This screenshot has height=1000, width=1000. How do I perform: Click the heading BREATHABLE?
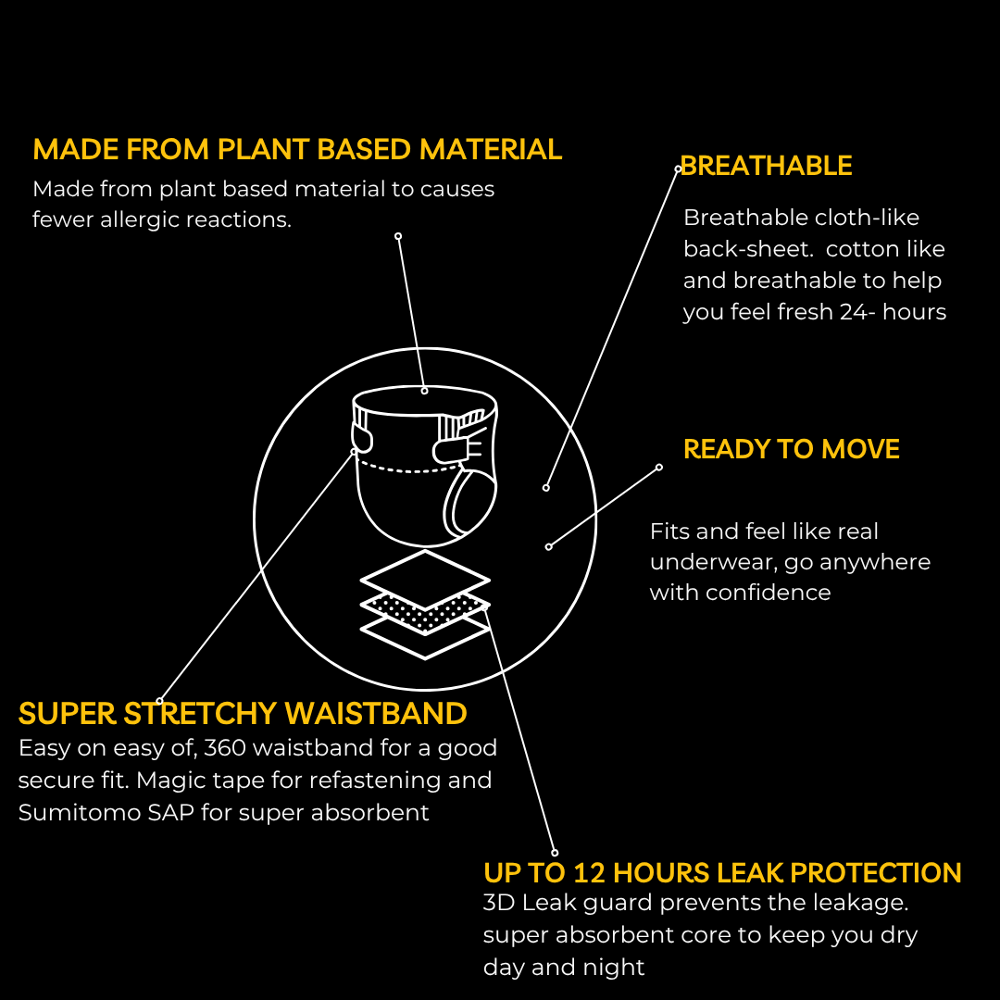[766, 166]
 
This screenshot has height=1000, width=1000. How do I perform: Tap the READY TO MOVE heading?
[792, 450]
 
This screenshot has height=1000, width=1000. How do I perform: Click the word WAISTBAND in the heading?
[376, 714]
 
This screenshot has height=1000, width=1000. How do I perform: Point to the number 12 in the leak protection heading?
[589, 873]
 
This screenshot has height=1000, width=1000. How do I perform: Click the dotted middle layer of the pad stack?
[425, 611]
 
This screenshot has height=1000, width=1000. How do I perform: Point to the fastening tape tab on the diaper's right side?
[453, 450]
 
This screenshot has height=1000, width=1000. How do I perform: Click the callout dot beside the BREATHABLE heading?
[679, 169]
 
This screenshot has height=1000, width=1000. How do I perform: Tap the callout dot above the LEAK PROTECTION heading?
[555, 853]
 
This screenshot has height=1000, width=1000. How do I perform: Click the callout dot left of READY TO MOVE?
[659, 468]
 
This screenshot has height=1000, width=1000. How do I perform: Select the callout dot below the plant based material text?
[398, 237]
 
